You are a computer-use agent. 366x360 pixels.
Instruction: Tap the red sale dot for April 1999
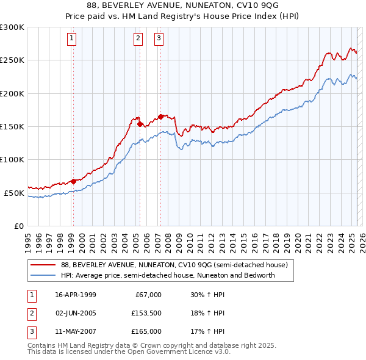click(x=73, y=181)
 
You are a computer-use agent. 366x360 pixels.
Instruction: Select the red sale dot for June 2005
click(x=140, y=124)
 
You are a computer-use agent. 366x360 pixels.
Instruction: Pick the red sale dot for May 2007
click(x=160, y=116)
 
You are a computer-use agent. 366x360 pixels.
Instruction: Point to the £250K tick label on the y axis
click(x=12, y=60)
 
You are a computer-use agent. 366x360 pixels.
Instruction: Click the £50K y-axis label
click(x=14, y=193)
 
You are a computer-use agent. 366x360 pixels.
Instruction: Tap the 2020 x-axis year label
click(x=298, y=238)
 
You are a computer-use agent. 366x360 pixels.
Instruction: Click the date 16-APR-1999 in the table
click(x=75, y=295)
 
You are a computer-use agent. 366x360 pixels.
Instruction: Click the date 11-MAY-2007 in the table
click(x=75, y=331)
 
